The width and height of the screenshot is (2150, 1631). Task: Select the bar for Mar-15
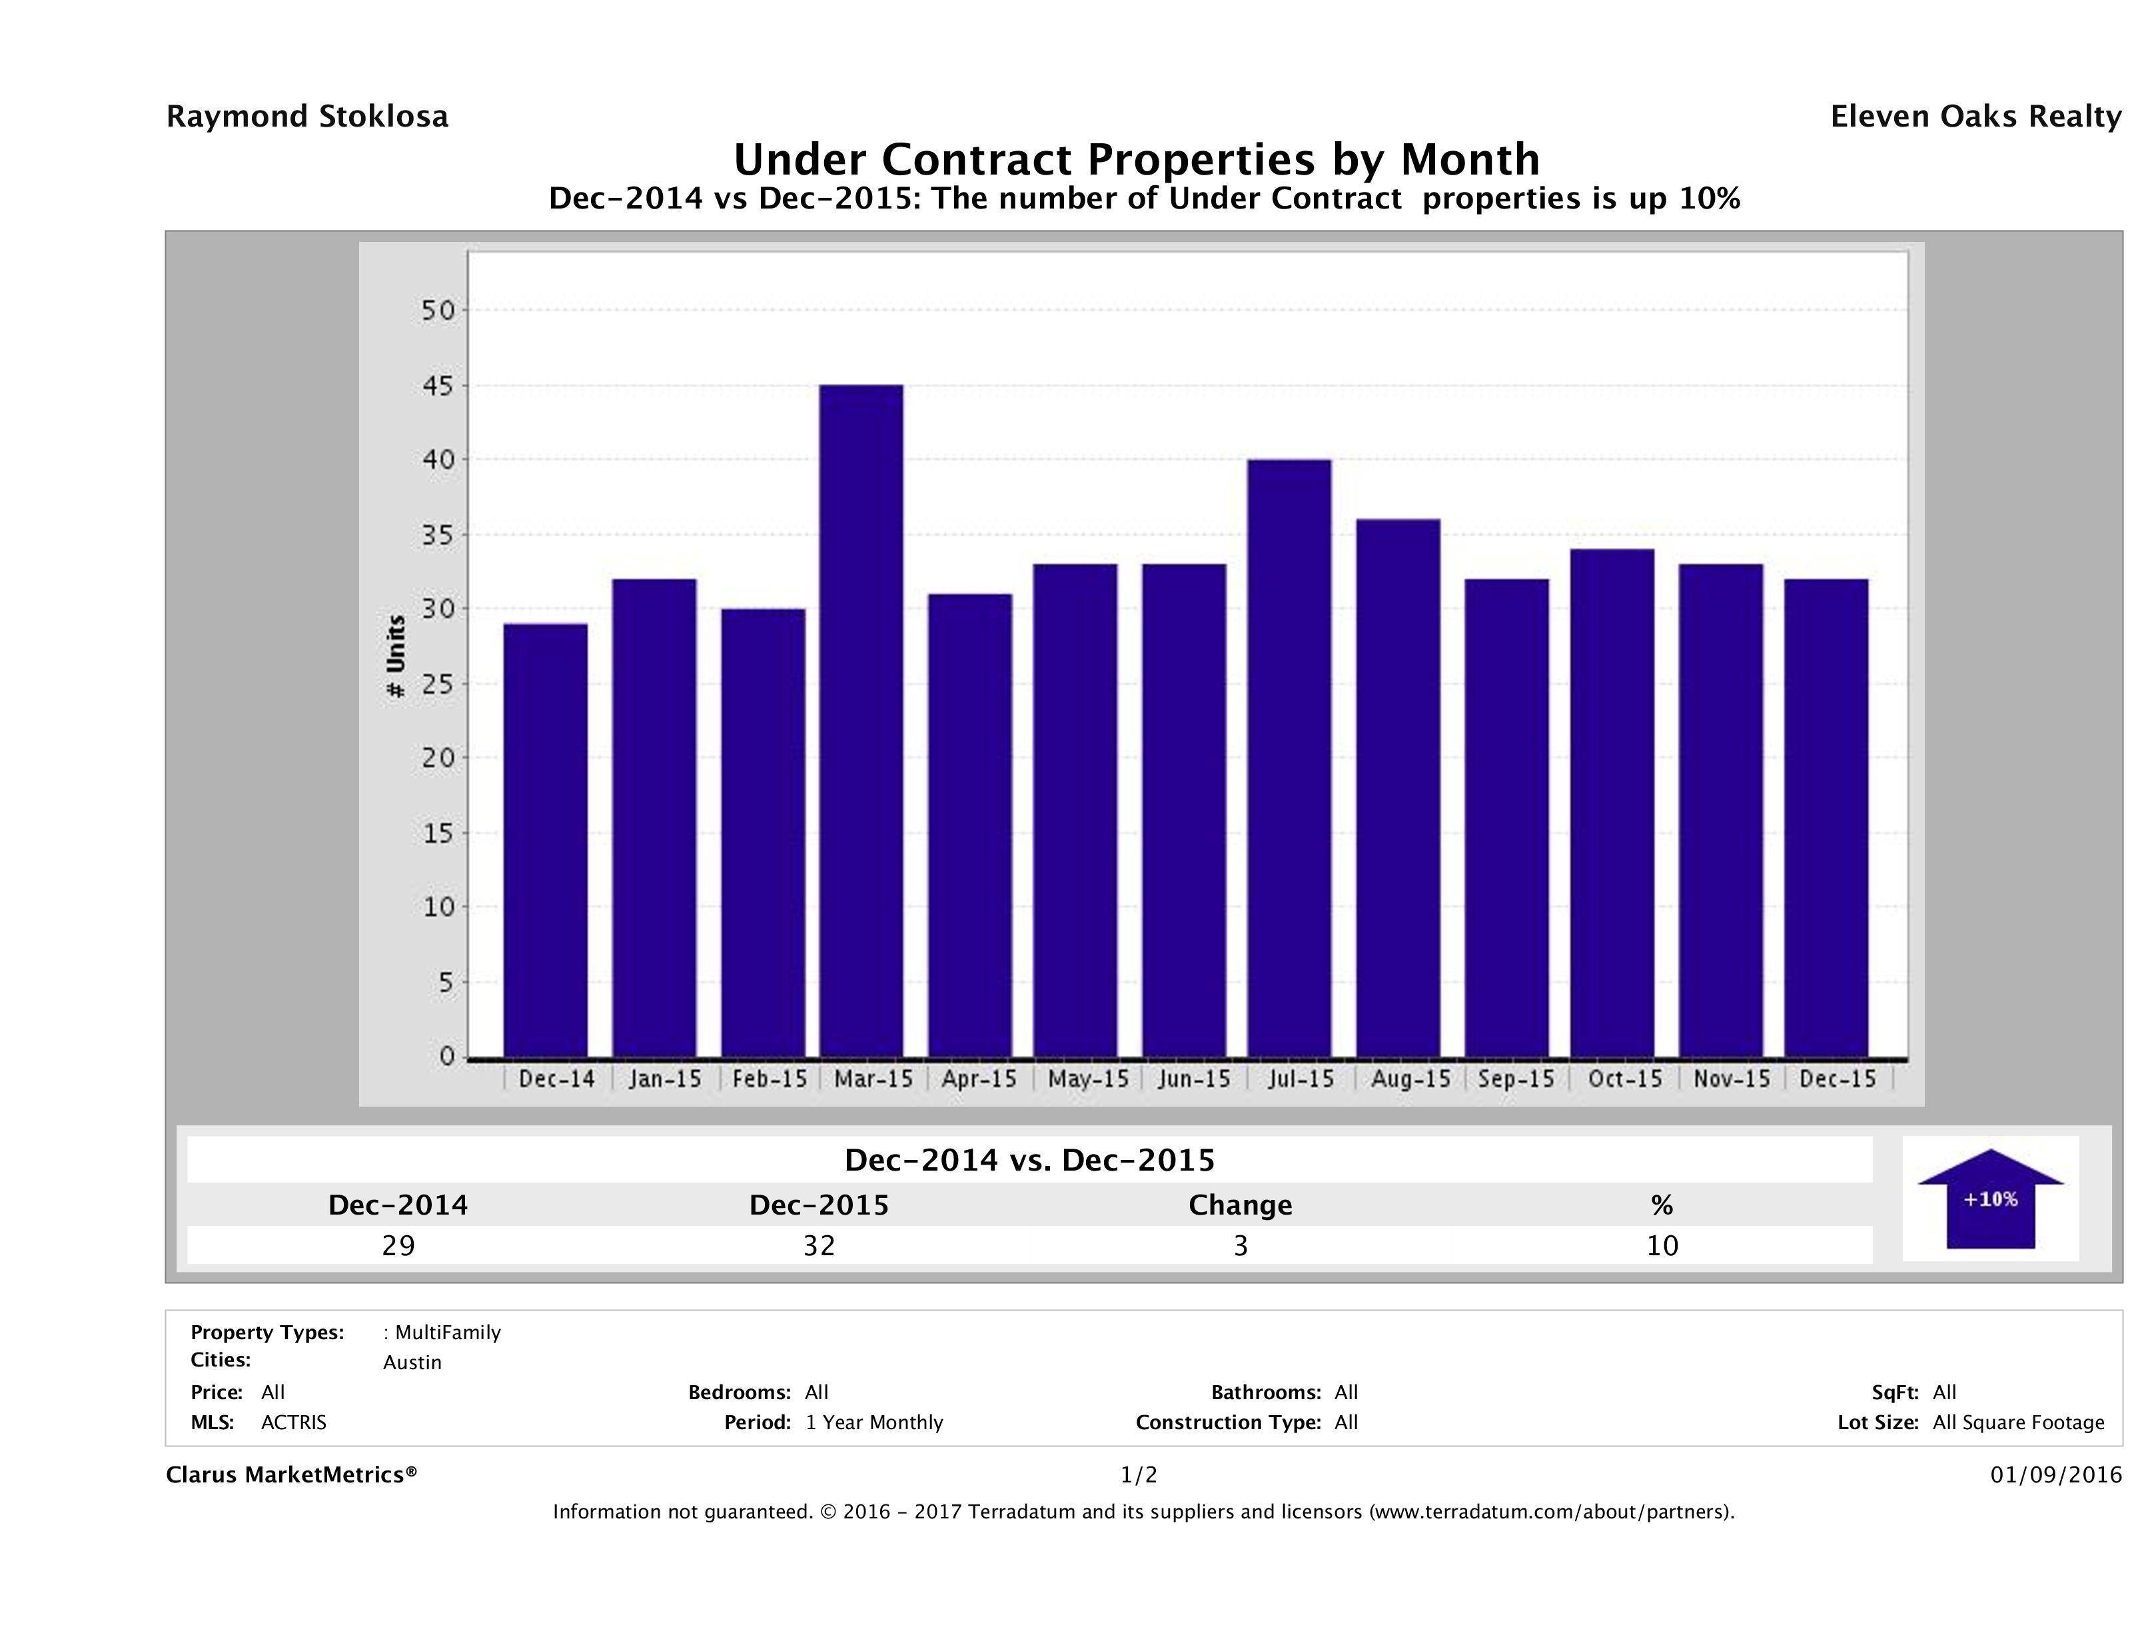pos(861,721)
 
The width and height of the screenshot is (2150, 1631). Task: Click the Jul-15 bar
pos(1289,758)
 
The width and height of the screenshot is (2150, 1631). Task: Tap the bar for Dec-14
pos(545,841)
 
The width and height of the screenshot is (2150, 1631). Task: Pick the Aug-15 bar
pos(1398,788)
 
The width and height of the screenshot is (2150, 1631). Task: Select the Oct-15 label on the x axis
pos(1624,1079)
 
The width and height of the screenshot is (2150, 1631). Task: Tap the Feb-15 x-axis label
pos(769,1079)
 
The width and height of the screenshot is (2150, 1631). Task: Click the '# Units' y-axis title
pos(396,656)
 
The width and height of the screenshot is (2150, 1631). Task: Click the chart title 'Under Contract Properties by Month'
pos(1135,159)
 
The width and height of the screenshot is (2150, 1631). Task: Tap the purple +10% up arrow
pos(1989,1199)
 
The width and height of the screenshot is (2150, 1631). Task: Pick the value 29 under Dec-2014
pos(398,1245)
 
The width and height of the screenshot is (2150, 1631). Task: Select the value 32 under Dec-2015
pos(818,1245)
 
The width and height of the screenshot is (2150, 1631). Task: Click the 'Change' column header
pos(1239,1205)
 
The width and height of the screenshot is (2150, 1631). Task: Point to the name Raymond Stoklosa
pos(307,117)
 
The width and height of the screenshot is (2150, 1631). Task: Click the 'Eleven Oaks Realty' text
pos(1975,117)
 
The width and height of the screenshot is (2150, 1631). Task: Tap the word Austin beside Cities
pos(412,1362)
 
